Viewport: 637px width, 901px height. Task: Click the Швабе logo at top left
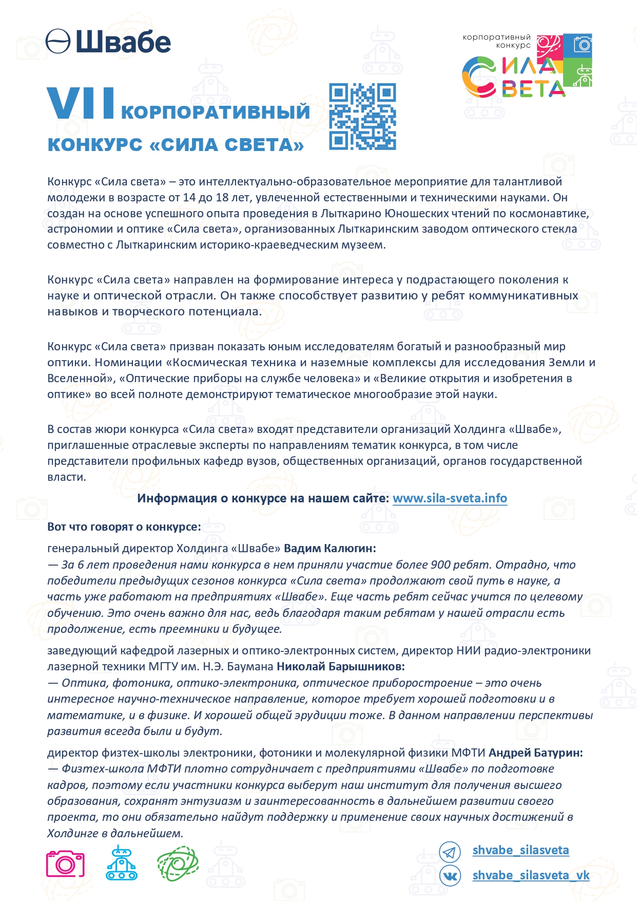pyautogui.click(x=108, y=41)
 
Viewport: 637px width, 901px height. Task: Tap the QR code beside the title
pyautogui.click(x=362, y=117)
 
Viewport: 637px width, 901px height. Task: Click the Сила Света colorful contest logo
pyautogui.click(x=527, y=66)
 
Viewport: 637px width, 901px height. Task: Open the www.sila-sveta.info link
pyautogui.click(x=450, y=498)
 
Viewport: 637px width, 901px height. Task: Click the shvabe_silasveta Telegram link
pyautogui.click(x=520, y=850)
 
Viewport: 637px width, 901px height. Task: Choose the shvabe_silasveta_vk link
pyautogui.click(x=531, y=875)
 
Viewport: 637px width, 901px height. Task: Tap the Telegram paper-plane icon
pyautogui.click(x=450, y=852)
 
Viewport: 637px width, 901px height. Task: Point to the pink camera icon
pyautogui.click(x=65, y=864)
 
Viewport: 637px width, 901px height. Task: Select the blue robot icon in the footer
pyautogui.click(x=121, y=863)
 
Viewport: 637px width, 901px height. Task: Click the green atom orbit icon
pyautogui.click(x=178, y=864)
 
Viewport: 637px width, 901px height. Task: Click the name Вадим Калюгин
pyautogui.click(x=330, y=548)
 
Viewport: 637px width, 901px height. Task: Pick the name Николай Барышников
pyautogui.click(x=340, y=666)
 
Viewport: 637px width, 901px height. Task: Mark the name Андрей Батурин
pyautogui.click(x=535, y=753)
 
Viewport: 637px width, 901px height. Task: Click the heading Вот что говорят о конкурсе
pyautogui.click(x=124, y=527)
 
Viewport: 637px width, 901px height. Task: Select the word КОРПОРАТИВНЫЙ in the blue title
pyautogui.click(x=216, y=111)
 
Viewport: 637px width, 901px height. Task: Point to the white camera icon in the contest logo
pyautogui.click(x=583, y=44)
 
